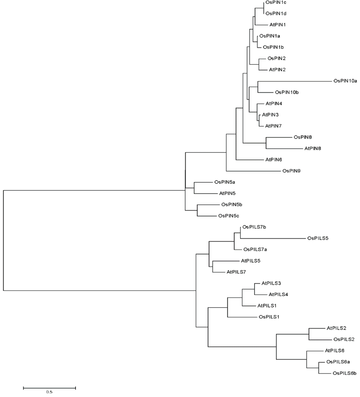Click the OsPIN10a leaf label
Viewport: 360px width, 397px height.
345,81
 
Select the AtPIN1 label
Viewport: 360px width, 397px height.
277,25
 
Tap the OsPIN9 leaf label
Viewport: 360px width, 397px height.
291,171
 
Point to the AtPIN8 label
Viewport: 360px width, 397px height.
313,148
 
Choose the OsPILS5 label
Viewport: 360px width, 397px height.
318,238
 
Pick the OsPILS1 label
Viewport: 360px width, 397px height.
269,317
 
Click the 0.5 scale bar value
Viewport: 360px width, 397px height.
49,392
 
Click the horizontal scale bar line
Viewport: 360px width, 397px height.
49,388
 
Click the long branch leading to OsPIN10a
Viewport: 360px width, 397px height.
295,81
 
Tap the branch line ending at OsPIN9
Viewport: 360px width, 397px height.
253,171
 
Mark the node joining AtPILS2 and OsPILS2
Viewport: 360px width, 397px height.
309,334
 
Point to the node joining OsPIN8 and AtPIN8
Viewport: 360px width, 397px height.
266,143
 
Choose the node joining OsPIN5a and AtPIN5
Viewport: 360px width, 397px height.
194,188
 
